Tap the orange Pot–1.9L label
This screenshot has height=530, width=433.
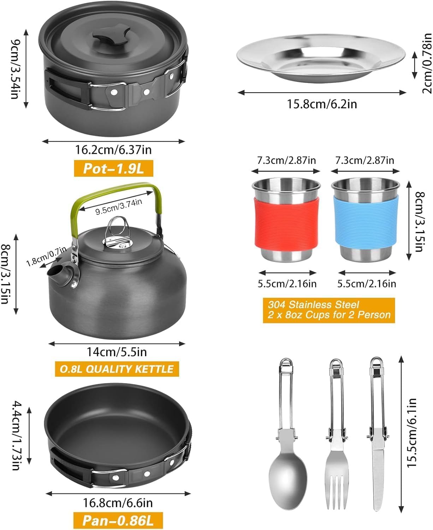click(x=113, y=169)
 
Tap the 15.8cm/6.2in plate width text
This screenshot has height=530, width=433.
click(x=321, y=105)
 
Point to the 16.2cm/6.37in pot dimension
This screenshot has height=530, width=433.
click(x=113, y=150)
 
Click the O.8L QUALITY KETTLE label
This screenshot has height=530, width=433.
click(x=117, y=369)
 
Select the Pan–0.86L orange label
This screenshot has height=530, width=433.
click(x=118, y=520)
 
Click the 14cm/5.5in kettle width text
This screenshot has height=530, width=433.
click(x=117, y=352)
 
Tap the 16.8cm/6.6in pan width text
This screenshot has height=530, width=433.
click(x=118, y=502)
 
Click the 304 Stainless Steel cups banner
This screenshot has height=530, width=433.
click(x=329, y=310)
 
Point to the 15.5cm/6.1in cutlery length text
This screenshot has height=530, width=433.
click(x=411, y=433)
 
